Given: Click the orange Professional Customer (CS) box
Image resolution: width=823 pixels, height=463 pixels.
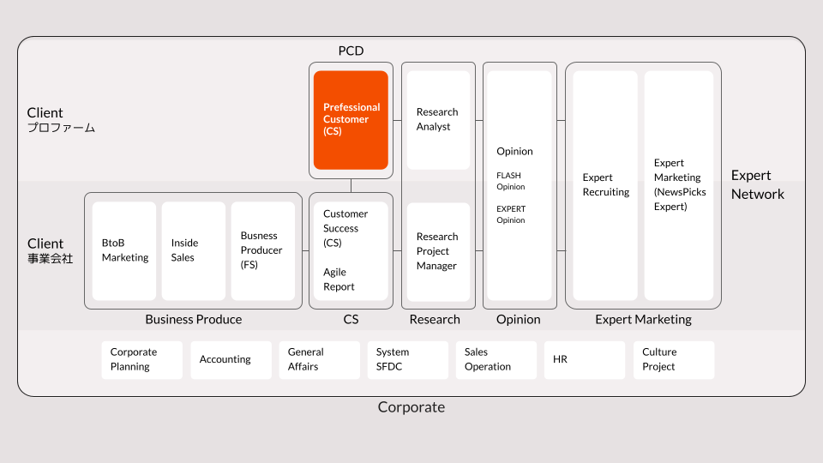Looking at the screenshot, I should pyautogui.click(x=351, y=120).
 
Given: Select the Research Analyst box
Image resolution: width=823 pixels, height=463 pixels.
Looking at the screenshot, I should pyautogui.click(x=438, y=120).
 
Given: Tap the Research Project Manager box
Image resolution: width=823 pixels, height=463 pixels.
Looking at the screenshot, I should pyautogui.click(x=438, y=251).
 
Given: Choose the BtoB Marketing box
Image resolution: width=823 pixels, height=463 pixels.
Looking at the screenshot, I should pyautogui.click(x=124, y=250).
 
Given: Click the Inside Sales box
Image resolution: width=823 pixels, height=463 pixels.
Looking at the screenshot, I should pyautogui.click(x=194, y=250).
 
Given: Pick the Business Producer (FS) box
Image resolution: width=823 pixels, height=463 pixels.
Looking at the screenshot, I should pyautogui.click(x=262, y=250).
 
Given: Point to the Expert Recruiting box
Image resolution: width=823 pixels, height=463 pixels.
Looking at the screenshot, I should pyautogui.click(x=605, y=185).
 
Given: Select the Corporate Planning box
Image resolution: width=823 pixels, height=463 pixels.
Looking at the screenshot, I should pyautogui.click(x=141, y=360).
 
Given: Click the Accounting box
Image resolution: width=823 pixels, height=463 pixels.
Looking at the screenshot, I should pyautogui.click(x=231, y=360).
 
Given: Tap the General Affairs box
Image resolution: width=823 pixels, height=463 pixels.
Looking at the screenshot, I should pyautogui.click(x=319, y=360).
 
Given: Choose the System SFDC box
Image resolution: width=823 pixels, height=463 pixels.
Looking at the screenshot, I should pyautogui.click(x=407, y=360).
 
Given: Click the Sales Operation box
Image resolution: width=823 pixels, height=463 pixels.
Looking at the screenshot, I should pyautogui.click(x=496, y=360).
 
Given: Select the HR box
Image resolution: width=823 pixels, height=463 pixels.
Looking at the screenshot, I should pyautogui.click(x=585, y=360).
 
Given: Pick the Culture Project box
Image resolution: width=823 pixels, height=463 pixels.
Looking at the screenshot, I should pyautogui.click(x=673, y=360).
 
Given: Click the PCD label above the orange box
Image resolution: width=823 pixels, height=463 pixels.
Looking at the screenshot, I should pyautogui.click(x=351, y=51).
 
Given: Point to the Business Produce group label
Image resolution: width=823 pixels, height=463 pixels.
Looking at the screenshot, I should pyautogui.click(x=194, y=320).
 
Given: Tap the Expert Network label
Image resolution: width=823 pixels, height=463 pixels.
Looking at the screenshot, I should pyautogui.click(x=757, y=185).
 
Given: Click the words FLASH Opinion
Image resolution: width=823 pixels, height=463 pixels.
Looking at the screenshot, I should pyautogui.click(x=510, y=181).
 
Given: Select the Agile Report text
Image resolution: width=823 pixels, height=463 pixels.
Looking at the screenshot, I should pyautogui.click(x=339, y=280).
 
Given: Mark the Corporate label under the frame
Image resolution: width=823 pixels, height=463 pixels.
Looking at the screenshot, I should pyautogui.click(x=411, y=407).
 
